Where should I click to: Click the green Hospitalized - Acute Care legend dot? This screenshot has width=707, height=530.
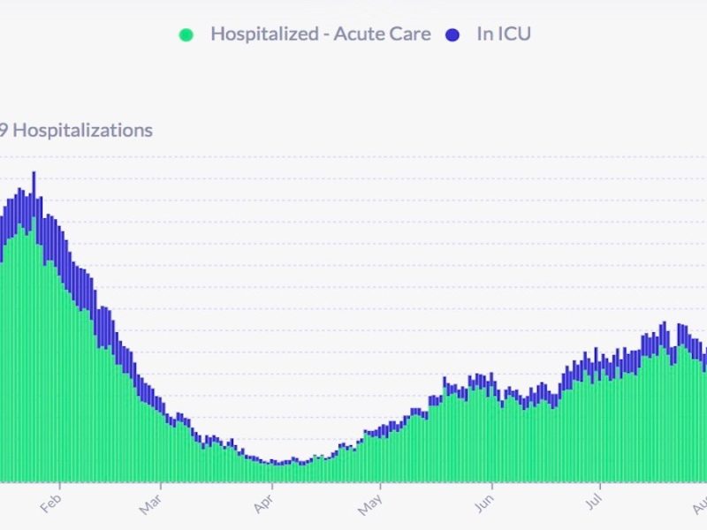tap(186, 35)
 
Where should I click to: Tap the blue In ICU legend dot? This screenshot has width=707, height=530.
tap(453, 35)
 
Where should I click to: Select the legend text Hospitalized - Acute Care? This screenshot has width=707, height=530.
tap(320, 34)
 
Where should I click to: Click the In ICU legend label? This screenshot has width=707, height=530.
tap(503, 34)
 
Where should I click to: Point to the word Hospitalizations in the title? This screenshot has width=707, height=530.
tap(83, 131)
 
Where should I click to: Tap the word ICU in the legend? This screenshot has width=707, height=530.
tap(513, 34)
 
